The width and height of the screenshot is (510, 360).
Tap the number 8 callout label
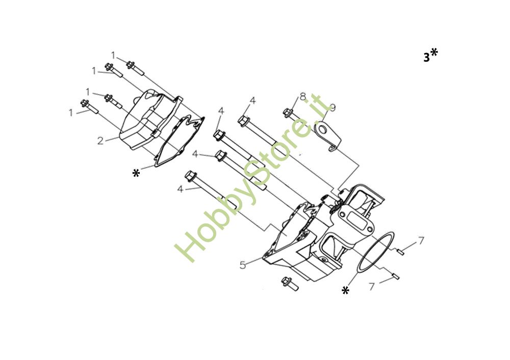pyautogui.click(x=302, y=96)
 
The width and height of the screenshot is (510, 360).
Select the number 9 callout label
pyautogui.click(x=333, y=108)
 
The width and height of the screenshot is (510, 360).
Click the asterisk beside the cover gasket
pyautogui.click(x=136, y=174)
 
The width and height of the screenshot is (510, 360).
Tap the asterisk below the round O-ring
pyautogui.click(x=346, y=291)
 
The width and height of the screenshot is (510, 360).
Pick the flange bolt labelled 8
pyautogui.click(x=288, y=113)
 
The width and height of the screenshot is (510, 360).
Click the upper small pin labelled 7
pyautogui.click(x=400, y=250)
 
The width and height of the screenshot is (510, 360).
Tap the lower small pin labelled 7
pyautogui.click(x=396, y=277)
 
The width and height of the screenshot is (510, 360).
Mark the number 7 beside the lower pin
pyautogui.click(x=372, y=287)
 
